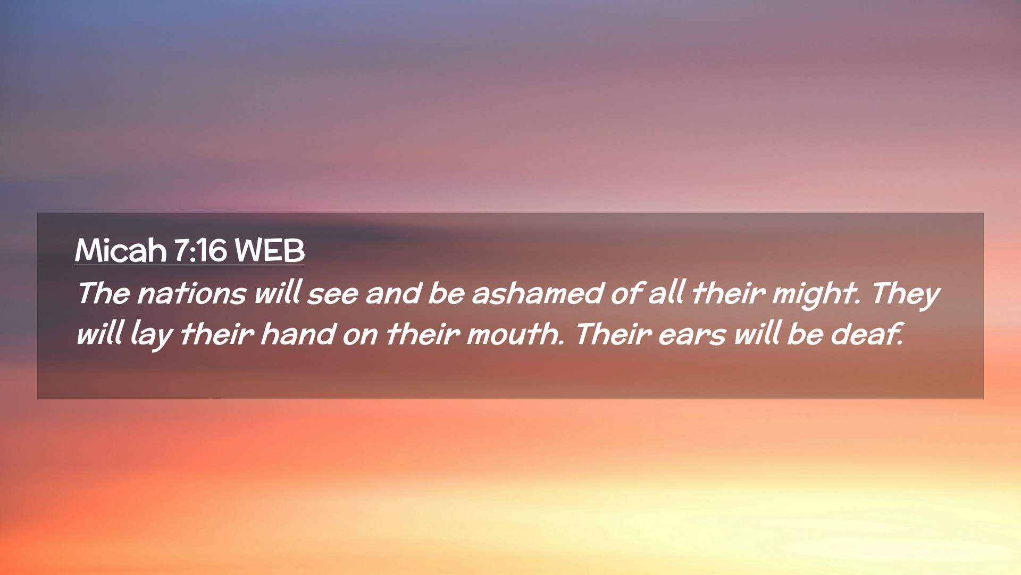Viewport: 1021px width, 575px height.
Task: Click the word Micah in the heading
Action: (121, 250)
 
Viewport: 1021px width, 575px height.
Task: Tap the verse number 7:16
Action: (200, 250)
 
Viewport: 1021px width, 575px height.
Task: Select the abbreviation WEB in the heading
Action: (270, 250)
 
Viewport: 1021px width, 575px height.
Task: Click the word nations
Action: (192, 293)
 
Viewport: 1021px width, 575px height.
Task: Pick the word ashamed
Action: (538, 293)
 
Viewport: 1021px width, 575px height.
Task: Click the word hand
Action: (298, 334)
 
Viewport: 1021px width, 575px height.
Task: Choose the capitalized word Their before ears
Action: (614, 334)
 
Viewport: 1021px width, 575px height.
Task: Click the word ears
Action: (692, 335)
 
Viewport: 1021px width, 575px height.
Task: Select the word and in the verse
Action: (394, 293)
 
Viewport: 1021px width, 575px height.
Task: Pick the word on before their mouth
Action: (360, 335)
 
